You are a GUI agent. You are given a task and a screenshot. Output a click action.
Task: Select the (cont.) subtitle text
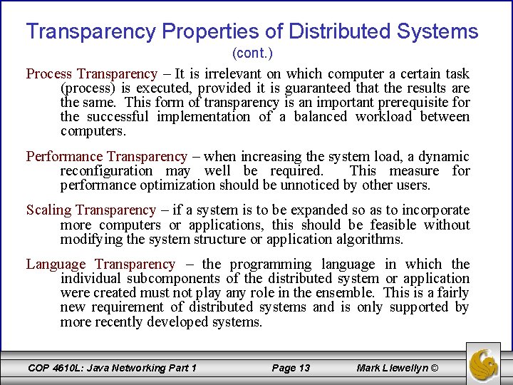point(252,53)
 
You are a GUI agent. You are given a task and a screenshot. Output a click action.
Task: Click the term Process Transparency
point(91,73)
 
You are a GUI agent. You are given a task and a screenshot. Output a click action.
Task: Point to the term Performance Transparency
point(106,156)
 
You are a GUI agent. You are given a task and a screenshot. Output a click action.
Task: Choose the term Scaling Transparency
point(90,210)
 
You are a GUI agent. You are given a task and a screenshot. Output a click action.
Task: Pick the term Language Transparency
point(100,264)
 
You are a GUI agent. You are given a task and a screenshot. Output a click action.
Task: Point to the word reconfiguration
point(107,171)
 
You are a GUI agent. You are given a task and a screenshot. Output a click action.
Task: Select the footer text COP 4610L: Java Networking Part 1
point(112,368)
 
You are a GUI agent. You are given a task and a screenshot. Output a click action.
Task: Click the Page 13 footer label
point(291,368)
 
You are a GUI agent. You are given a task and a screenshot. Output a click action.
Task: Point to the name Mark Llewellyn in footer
point(392,368)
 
